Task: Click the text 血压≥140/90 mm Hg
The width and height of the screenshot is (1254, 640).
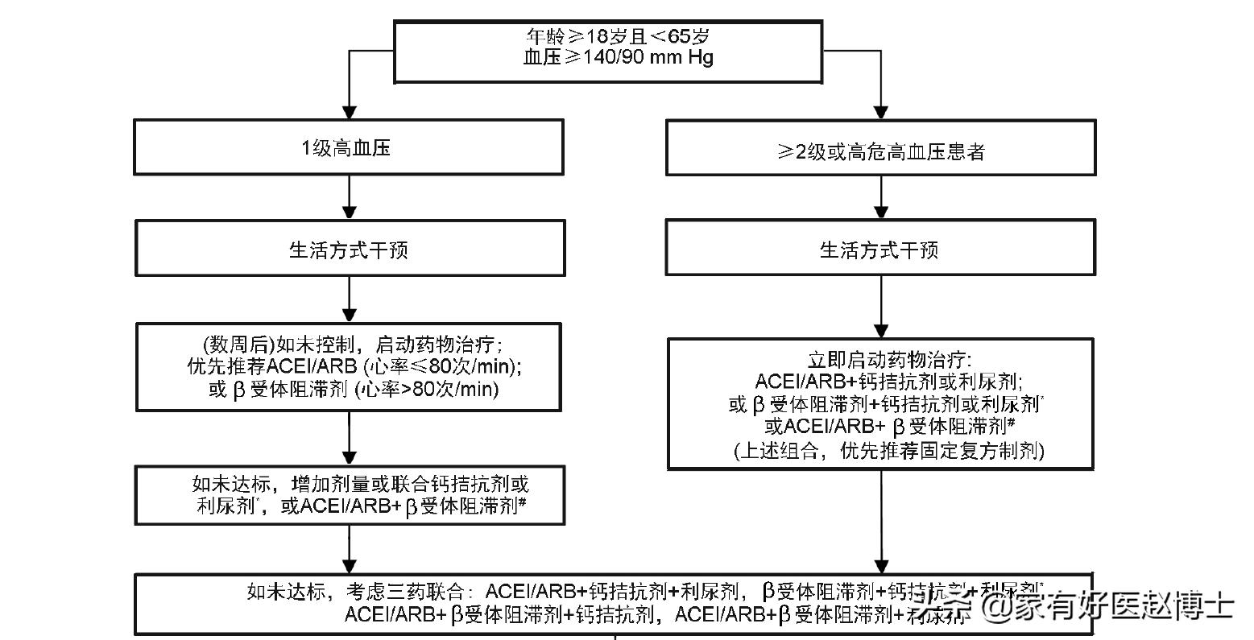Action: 618,57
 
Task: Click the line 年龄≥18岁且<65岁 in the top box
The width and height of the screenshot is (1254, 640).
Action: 618,36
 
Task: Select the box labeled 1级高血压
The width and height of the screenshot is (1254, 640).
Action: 348,147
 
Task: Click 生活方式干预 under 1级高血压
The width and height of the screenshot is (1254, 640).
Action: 349,250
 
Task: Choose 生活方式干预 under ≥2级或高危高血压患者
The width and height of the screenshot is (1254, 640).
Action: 879,250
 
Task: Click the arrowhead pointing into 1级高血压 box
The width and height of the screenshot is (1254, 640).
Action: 349,110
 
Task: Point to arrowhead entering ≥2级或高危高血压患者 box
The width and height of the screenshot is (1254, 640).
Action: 880,110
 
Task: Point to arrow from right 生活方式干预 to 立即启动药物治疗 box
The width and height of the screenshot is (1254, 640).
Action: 880,306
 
